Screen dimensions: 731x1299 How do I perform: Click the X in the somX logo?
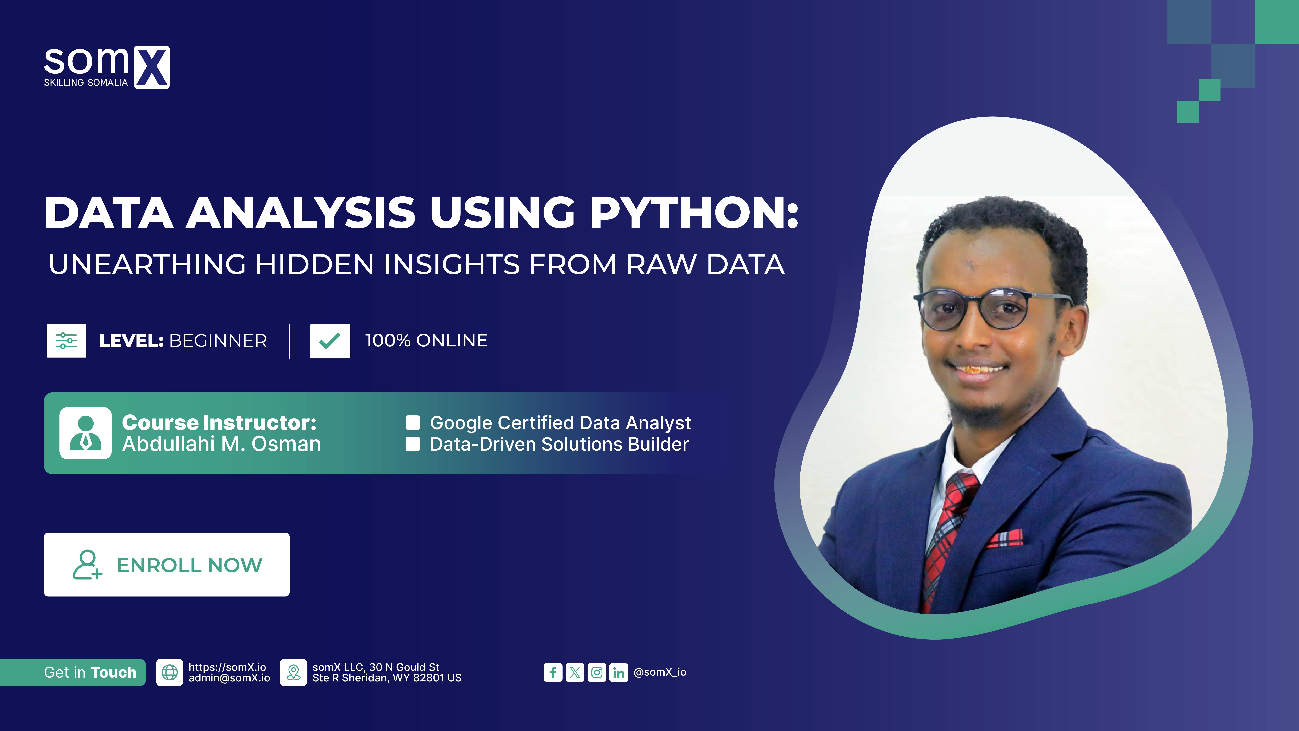(152, 67)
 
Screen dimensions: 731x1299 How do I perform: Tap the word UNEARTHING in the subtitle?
(147, 264)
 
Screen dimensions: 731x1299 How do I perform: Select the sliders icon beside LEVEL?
(66, 341)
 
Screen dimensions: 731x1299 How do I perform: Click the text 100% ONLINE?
(426, 341)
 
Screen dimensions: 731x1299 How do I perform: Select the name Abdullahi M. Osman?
(221, 444)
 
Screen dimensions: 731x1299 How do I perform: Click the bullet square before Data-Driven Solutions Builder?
(413, 444)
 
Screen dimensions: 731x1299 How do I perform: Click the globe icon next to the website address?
(169, 673)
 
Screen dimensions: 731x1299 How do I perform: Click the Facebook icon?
(553, 673)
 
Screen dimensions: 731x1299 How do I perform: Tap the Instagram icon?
(596, 673)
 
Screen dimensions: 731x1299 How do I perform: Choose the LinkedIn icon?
(618, 673)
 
